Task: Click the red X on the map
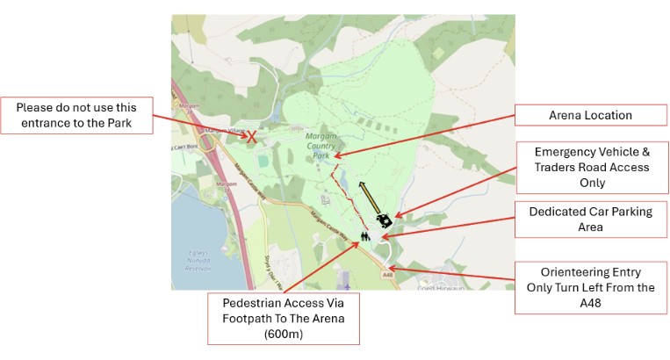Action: [251, 137]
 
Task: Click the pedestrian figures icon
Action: [365, 235]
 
